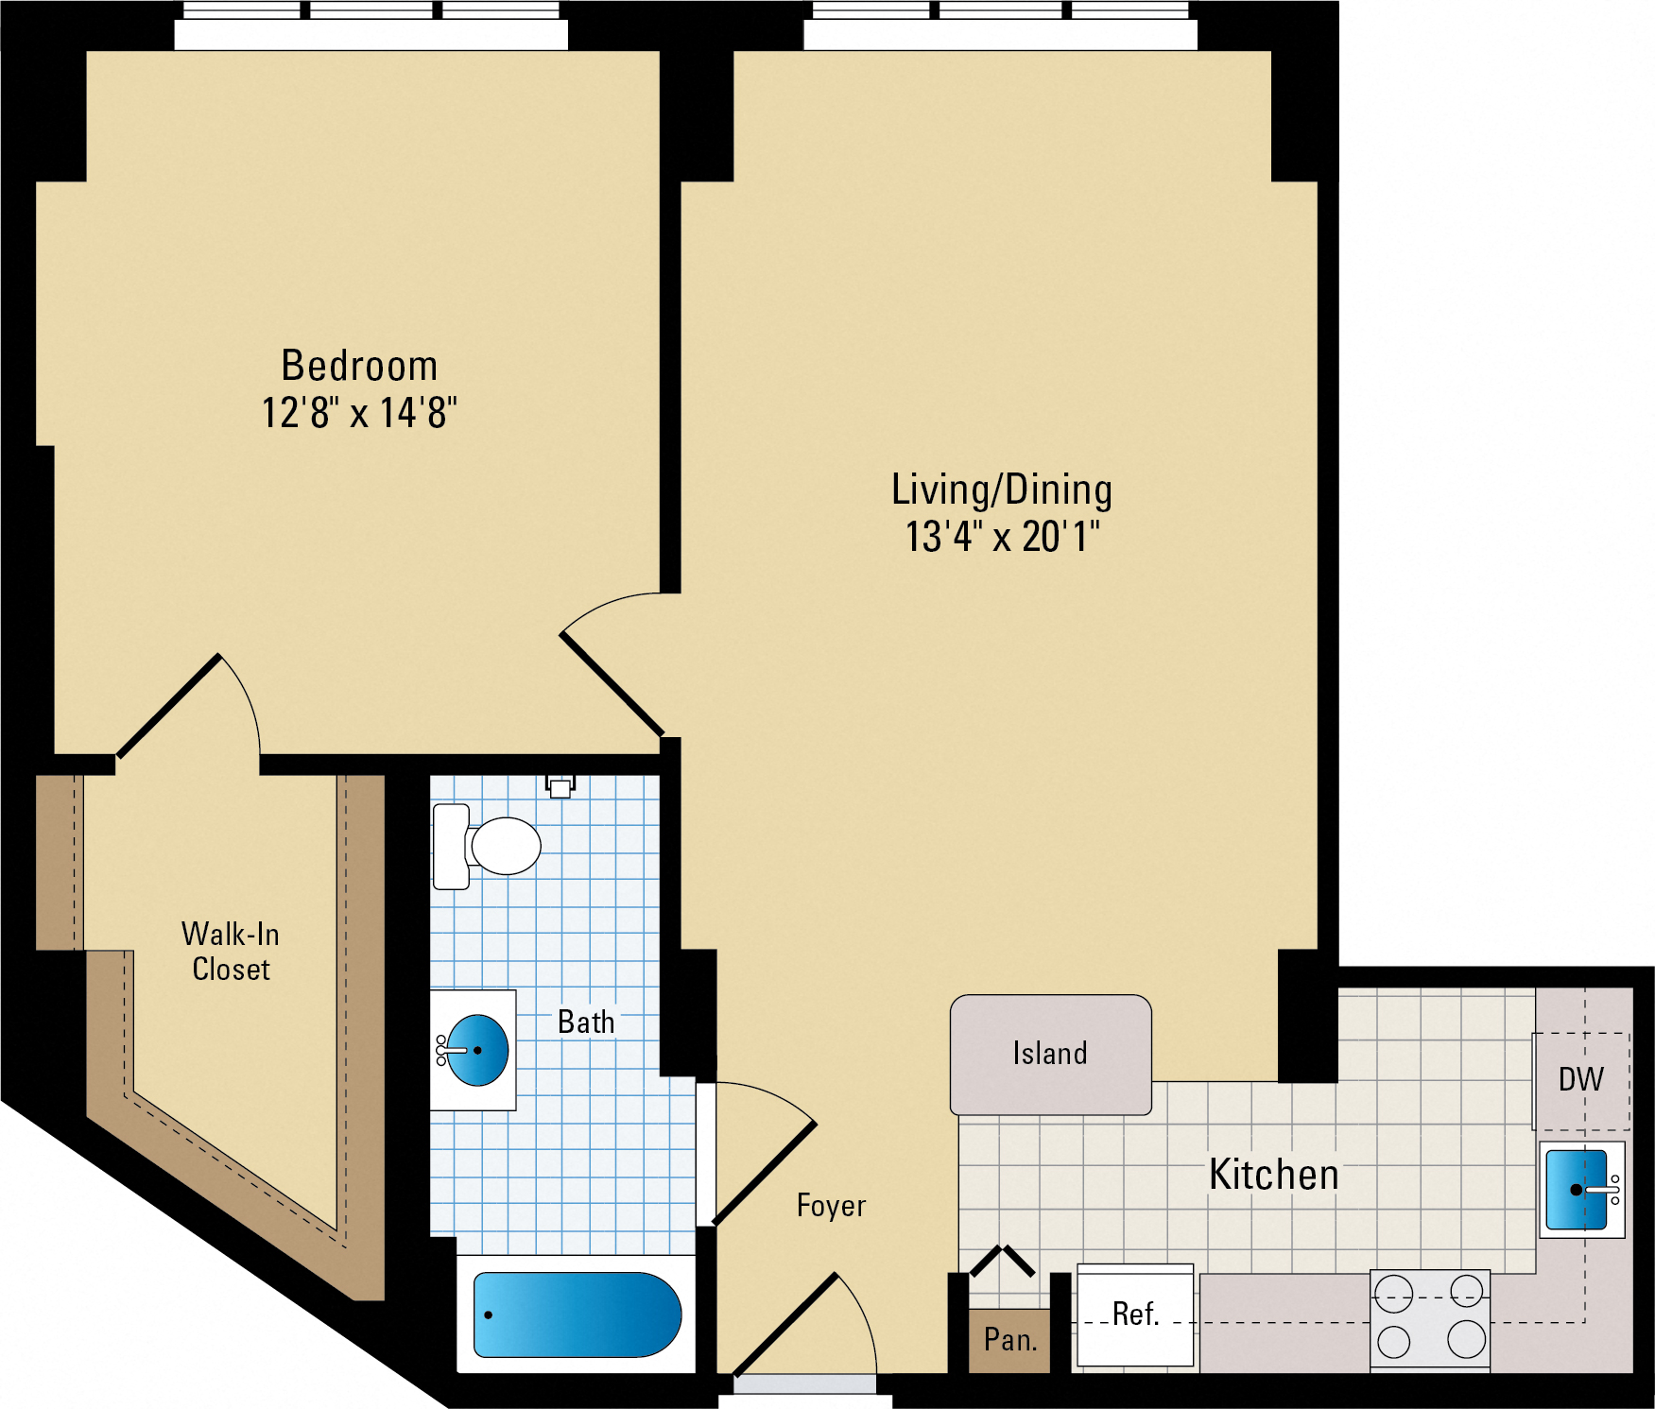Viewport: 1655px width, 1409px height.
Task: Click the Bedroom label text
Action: (359, 366)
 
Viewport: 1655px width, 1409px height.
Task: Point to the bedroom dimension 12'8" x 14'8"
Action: (359, 413)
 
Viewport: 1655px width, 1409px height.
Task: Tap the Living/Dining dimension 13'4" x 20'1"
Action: (1002, 536)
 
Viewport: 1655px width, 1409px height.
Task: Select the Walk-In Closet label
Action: (231, 952)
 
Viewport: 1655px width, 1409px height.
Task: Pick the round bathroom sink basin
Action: (477, 1050)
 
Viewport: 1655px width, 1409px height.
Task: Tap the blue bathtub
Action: (577, 1314)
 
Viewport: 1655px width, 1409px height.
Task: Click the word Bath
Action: (586, 1022)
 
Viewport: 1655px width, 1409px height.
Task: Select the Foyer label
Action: (831, 1205)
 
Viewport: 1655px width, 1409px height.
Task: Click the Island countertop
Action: (1050, 1054)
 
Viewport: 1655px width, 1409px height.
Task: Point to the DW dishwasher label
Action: (1580, 1079)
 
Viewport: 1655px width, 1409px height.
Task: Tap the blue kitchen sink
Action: (1577, 1190)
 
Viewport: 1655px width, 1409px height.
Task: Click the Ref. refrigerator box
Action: (1135, 1314)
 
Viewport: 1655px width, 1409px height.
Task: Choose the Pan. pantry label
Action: (1009, 1339)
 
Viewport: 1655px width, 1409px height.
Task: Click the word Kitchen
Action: (1274, 1175)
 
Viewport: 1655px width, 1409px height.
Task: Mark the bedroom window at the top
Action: (371, 26)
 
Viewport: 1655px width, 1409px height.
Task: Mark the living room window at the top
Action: (1000, 26)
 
